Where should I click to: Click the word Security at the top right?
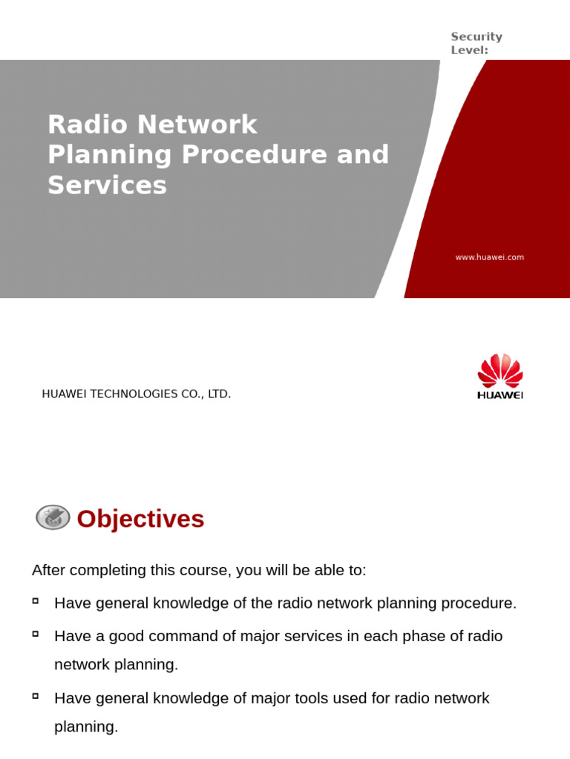click(x=476, y=36)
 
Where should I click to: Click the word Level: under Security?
click(x=468, y=50)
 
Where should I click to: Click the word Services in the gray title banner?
click(x=107, y=185)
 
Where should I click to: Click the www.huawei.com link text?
click(x=489, y=257)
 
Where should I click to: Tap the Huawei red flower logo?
click(x=500, y=371)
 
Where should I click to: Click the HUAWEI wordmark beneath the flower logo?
click(x=500, y=395)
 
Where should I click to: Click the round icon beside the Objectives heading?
click(x=53, y=518)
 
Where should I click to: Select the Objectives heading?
click(x=140, y=519)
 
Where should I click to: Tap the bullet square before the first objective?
click(x=36, y=600)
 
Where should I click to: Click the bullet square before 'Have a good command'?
click(x=36, y=634)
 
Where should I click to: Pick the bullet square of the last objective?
click(x=36, y=696)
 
